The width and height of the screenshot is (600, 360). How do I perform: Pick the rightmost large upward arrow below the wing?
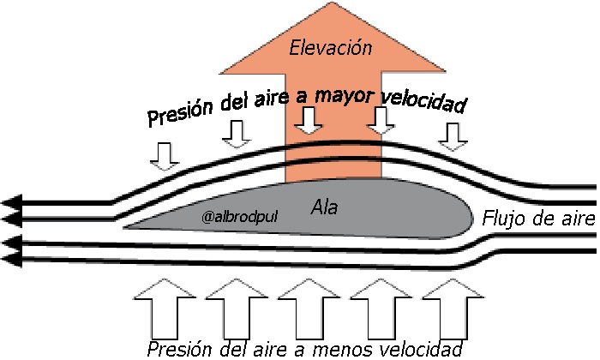coord(447,313)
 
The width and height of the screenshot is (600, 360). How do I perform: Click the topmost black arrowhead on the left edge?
coord(10,203)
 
